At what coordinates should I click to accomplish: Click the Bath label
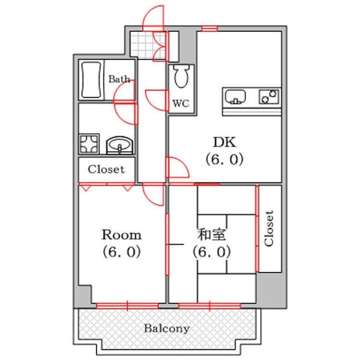pyautogui.click(x=119, y=79)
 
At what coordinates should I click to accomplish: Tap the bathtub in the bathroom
pyautogui.click(x=91, y=80)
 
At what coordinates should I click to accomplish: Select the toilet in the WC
pyautogui.click(x=181, y=76)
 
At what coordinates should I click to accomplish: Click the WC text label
pyautogui.click(x=181, y=104)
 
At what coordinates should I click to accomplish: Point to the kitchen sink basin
pyautogui.click(x=235, y=97)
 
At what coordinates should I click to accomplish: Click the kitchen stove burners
pyautogui.click(x=269, y=97)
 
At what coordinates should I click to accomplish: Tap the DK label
pyautogui.click(x=224, y=142)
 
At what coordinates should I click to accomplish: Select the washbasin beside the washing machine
pyautogui.click(x=119, y=145)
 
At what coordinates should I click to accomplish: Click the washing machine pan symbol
pyautogui.click(x=89, y=144)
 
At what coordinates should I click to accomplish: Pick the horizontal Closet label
pyautogui.click(x=106, y=170)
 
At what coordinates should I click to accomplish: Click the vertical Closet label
pyautogui.click(x=269, y=228)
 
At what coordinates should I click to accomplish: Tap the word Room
pyautogui.click(x=121, y=235)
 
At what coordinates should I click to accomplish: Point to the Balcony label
pyautogui.click(x=167, y=329)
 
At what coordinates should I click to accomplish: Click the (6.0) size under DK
pyautogui.click(x=224, y=160)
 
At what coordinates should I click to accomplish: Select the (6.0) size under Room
pyautogui.click(x=121, y=252)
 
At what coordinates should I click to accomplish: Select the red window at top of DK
pyautogui.click(x=209, y=28)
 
